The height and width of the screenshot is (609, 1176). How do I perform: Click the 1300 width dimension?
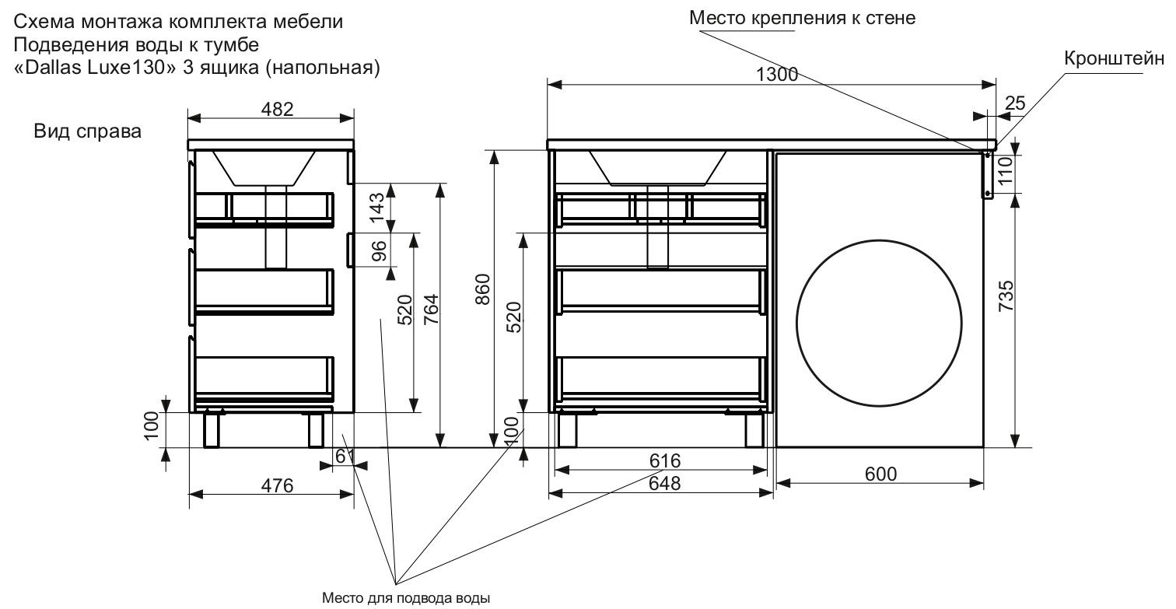[777, 74]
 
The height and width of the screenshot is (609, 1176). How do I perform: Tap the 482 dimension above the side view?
[272, 110]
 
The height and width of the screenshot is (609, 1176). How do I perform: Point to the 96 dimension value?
[378, 250]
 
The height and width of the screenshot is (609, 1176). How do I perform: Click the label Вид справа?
[87, 131]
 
